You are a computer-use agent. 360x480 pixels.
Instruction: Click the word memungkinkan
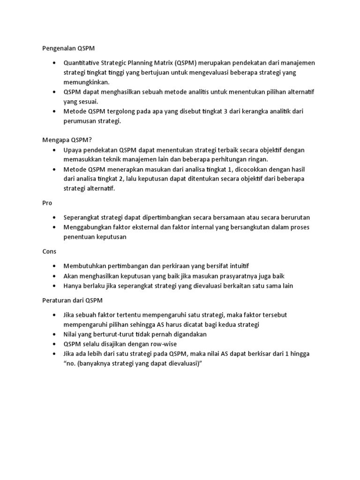[x=86, y=82]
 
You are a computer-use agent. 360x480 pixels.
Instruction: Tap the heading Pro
[x=47, y=203]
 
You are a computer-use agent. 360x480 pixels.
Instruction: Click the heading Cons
[x=49, y=251]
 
